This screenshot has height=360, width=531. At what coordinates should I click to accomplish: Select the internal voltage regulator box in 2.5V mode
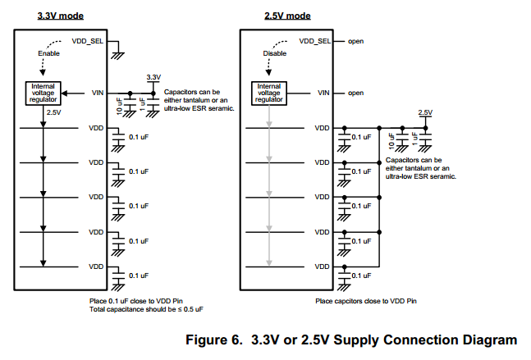click(268, 93)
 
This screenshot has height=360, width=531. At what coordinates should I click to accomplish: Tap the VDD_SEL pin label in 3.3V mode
click(88, 39)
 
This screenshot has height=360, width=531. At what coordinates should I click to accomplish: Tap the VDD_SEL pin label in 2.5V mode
click(315, 40)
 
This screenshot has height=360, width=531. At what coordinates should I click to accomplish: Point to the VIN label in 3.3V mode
click(98, 93)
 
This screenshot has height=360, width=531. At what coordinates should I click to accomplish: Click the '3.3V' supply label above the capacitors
click(153, 76)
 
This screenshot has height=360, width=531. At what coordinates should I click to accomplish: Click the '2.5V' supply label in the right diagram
click(425, 112)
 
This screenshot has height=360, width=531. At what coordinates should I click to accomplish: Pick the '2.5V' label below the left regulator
click(53, 112)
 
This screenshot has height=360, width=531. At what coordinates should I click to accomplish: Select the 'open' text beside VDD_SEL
click(355, 40)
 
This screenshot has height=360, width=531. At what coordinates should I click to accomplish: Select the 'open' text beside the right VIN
click(355, 93)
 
